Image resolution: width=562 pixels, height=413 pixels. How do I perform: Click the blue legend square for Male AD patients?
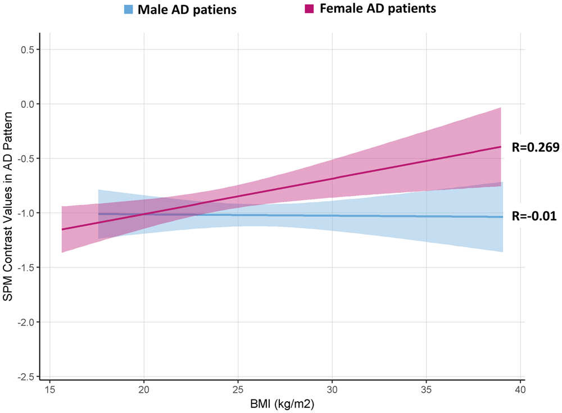tap(129, 10)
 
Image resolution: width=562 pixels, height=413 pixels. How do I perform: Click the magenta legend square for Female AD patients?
tap(309, 9)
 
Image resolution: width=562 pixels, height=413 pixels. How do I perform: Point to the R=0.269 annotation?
tap(534, 148)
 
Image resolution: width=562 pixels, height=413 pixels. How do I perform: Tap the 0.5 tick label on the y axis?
tap(27, 49)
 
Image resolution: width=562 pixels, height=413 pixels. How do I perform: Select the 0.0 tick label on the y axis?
tap(27, 104)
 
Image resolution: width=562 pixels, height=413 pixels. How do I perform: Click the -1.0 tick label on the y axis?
tap(26, 213)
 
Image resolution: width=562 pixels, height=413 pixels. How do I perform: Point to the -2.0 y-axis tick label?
tap(26, 322)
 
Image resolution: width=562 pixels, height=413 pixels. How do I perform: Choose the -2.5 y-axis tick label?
tap(26, 376)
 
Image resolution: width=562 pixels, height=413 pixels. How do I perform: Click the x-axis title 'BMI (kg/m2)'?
tap(285, 404)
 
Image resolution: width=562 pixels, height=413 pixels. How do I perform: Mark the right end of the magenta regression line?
tap(501, 147)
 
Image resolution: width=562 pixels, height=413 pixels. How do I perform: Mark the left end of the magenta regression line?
tap(62, 229)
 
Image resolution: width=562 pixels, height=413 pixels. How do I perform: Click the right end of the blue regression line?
tap(502, 217)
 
